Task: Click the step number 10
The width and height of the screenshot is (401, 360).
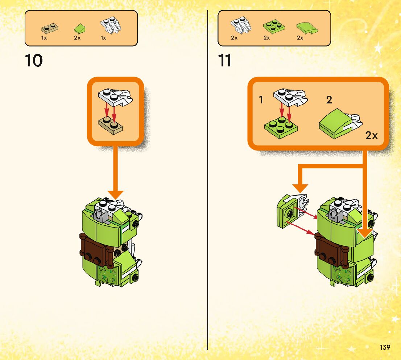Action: (34, 61)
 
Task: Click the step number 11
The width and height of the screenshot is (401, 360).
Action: (225, 61)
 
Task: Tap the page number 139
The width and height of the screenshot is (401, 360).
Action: (385, 347)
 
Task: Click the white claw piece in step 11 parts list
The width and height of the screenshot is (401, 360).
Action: (241, 25)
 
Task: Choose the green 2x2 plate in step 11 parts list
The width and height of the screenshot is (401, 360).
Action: (273, 25)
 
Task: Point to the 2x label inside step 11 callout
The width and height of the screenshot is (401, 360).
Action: (371, 136)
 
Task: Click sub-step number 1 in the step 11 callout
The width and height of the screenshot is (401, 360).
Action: (261, 100)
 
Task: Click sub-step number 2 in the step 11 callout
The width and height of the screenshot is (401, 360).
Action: (329, 100)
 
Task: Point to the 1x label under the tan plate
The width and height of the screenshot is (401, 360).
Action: (44, 38)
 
